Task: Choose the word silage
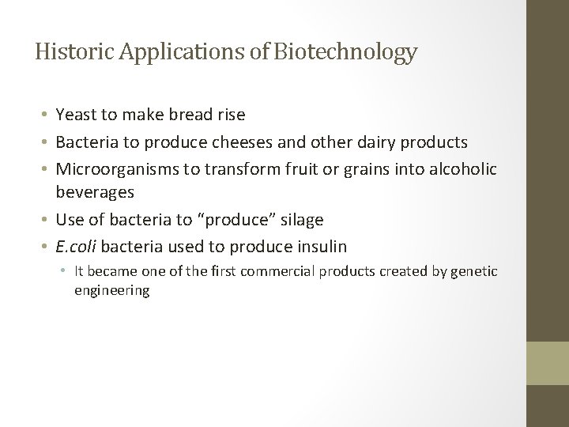[x=298, y=219]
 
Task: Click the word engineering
[x=111, y=290]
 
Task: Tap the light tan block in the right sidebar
[x=548, y=363]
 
